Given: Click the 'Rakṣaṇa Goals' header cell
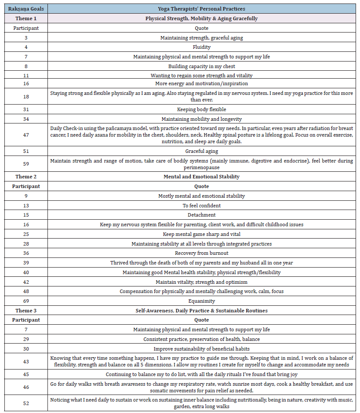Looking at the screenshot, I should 26,9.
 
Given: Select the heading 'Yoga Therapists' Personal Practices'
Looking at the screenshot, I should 201,9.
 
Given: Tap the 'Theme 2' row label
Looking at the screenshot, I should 26,177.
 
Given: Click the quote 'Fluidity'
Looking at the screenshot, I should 201,47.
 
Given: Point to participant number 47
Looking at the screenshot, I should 26,134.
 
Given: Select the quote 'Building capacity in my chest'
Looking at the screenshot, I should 201,66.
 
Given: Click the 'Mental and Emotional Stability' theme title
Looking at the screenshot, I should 201,177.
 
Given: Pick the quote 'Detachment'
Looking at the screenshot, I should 201,215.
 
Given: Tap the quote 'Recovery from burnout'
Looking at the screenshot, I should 201,253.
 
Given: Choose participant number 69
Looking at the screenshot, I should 26,301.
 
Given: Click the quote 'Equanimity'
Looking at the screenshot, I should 201,301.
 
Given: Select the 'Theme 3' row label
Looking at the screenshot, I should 26,311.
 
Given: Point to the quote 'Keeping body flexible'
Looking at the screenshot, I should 201,109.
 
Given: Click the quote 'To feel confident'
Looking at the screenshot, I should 201,205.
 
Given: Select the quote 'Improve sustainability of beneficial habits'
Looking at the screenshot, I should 201,349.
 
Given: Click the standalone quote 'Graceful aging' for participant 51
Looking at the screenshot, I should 201,151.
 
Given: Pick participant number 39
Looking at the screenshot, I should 26,263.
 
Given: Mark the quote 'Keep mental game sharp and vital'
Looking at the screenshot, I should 201,234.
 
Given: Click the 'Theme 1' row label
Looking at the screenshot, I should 26,18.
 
